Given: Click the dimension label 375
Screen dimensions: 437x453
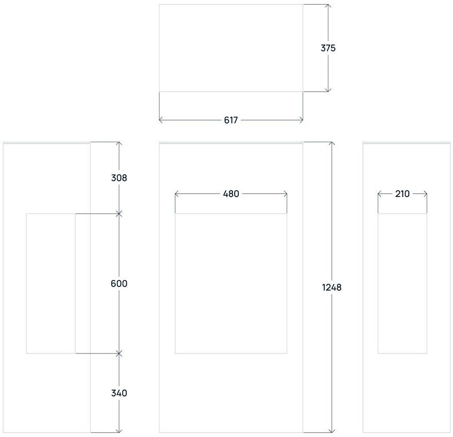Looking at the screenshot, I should (328, 48).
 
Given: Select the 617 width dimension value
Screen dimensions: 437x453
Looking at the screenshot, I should (231, 120).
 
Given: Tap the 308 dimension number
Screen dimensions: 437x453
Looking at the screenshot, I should (119, 178).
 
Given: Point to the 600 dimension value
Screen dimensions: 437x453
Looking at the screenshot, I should (119, 283).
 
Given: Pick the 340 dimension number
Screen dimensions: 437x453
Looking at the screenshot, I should (119, 393).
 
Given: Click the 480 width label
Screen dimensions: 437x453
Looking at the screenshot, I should (231, 194).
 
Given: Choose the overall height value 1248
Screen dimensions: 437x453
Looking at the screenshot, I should (332, 287).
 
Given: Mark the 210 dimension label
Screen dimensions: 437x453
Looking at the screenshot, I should (402, 194).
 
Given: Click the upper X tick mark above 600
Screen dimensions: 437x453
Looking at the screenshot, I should (119, 213).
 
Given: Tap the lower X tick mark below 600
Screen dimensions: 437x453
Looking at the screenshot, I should (119, 354).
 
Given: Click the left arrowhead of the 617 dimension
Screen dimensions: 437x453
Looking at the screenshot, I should (161, 120).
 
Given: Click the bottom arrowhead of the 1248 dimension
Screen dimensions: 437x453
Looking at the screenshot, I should (332, 430).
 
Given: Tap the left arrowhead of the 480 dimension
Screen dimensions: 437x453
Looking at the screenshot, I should (177, 194).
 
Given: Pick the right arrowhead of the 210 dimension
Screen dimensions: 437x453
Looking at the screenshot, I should (425, 194).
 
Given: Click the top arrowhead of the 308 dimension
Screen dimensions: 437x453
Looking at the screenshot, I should (119, 144).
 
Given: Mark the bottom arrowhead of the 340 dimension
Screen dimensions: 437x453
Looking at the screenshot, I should (119, 430).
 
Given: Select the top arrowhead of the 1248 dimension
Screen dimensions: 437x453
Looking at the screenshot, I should (332, 144).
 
